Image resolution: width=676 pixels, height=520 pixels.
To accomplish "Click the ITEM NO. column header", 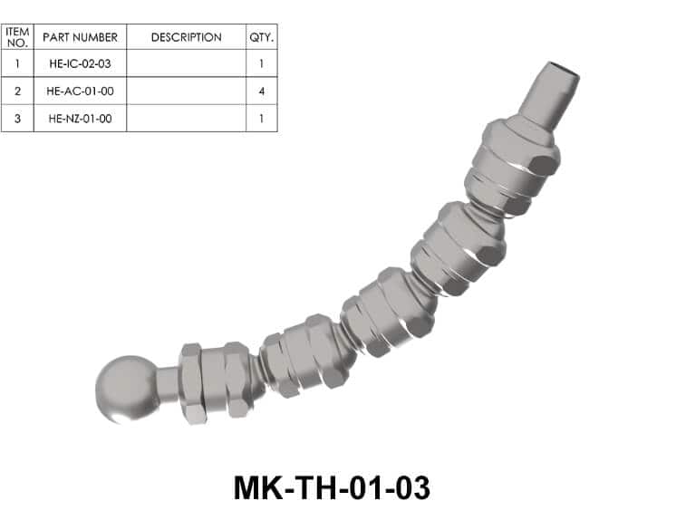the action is pyautogui.click(x=18, y=37).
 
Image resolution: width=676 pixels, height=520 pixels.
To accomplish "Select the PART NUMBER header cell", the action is pyautogui.click(x=80, y=37).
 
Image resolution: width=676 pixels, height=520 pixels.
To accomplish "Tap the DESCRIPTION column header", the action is pyautogui.click(x=187, y=37).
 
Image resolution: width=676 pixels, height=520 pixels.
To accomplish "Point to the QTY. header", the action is pyautogui.click(x=262, y=37).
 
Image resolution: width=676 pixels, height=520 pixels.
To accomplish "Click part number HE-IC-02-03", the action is pyautogui.click(x=80, y=63).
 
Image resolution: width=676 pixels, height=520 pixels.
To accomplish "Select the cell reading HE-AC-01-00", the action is pyautogui.click(x=80, y=91).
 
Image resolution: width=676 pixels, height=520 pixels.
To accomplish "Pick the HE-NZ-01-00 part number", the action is pyautogui.click(x=80, y=119).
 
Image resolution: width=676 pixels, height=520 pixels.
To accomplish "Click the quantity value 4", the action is pyautogui.click(x=262, y=91).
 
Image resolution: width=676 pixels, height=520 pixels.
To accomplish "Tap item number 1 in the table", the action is pyautogui.click(x=18, y=63).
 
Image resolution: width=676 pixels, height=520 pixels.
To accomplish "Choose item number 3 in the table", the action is pyautogui.click(x=18, y=119).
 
